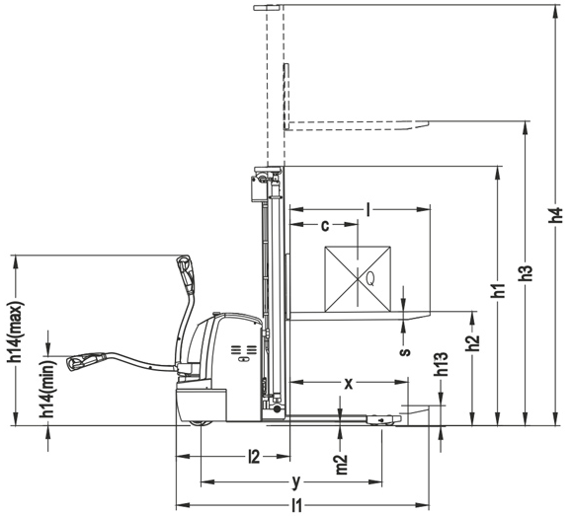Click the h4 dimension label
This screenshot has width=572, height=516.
point(555,215)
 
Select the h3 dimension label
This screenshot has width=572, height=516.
point(526,272)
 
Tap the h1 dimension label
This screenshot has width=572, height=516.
point(498,290)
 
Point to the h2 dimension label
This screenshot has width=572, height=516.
point(473,342)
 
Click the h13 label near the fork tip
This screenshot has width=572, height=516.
point(443,363)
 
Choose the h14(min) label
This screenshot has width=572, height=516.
point(48,389)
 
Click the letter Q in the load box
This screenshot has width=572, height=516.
point(369,279)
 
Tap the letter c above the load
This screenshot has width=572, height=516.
point(325,226)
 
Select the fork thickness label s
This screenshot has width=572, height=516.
point(404,351)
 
